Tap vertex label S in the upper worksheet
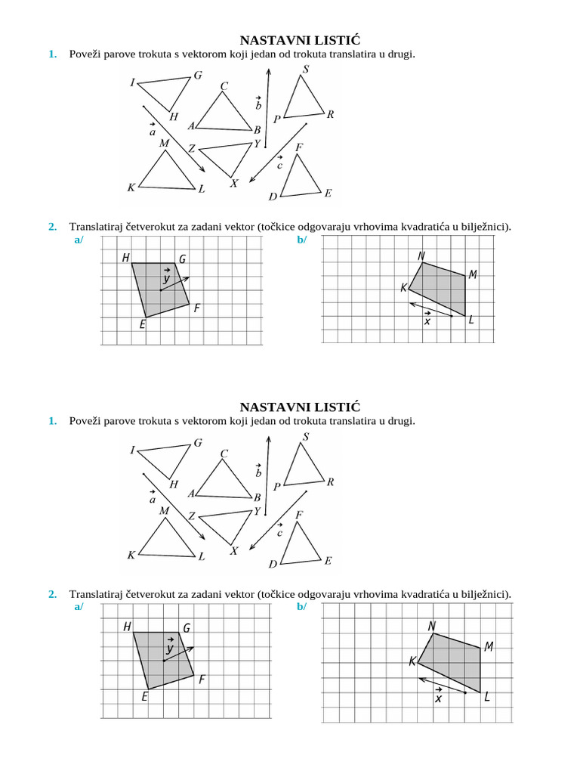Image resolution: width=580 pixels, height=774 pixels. [x=305, y=70]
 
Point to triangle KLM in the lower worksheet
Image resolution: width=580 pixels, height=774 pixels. [x=167, y=542]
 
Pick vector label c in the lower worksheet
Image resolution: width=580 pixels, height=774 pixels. [x=279, y=531]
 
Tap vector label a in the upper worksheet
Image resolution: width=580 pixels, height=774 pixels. [x=153, y=131]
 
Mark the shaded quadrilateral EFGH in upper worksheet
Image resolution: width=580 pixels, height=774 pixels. [x=160, y=289]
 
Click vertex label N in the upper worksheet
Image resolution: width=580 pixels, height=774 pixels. [x=421, y=256]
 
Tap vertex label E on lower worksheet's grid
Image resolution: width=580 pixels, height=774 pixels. [x=144, y=697]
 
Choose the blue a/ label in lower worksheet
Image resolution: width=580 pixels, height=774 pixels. [x=78, y=607]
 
